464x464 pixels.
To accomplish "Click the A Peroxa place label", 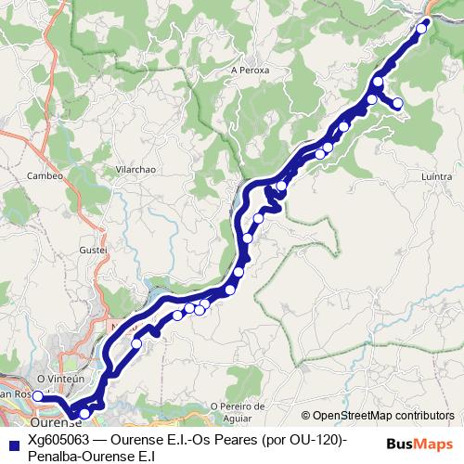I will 250,70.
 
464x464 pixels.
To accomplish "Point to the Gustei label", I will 95,251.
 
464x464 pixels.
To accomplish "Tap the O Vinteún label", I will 60,379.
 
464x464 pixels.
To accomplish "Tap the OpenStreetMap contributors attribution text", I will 378,415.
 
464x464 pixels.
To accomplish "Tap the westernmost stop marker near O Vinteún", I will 38,396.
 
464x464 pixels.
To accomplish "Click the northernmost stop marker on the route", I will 421,28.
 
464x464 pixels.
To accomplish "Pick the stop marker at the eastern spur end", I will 398,103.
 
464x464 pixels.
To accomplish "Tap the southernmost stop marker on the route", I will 84,414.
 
